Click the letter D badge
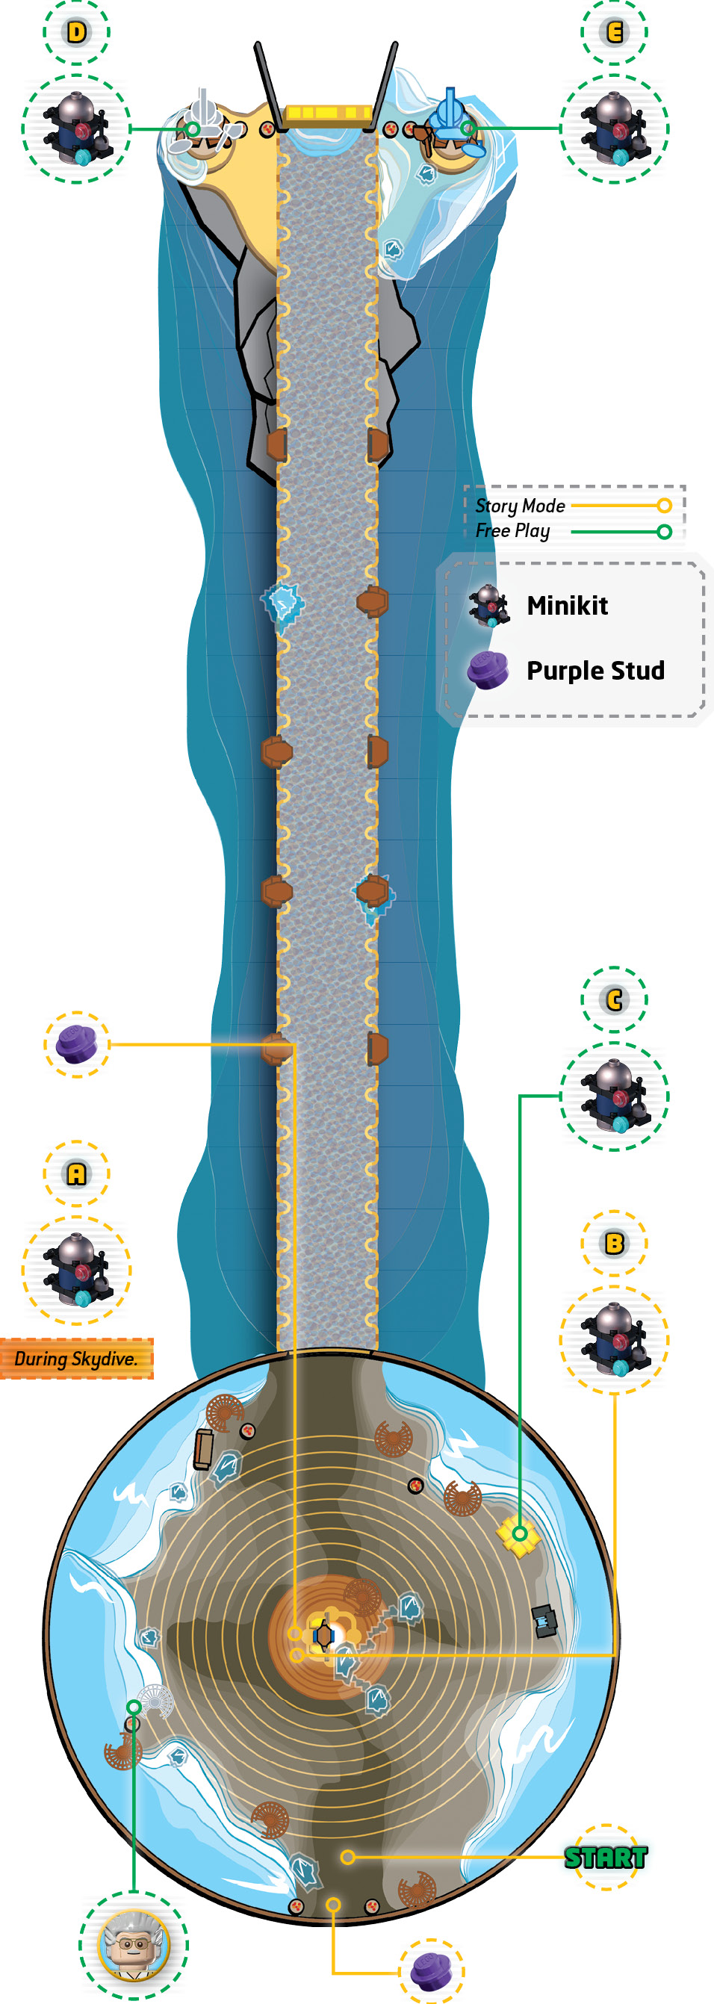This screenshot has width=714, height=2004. (x=76, y=32)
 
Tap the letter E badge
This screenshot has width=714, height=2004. (x=614, y=32)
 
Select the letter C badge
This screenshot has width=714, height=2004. (x=614, y=999)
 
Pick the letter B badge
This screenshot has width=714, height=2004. (x=614, y=1243)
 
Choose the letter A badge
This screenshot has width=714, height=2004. (x=76, y=1174)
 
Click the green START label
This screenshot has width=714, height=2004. (x=606, y=1857)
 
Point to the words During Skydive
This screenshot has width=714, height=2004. (x=76, y=1359)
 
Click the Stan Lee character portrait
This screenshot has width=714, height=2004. (x=133, y=1946)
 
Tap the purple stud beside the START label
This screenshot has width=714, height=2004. (x=431, y=1972)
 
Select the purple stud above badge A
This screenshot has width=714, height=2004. (x=76, y=1045)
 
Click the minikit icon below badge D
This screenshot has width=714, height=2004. (x=76, y=129)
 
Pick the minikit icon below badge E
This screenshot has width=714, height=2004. (x=614, y=129)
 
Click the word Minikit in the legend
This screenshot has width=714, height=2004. (x=567, y=605)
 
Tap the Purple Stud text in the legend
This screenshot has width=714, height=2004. (x=596, y=671)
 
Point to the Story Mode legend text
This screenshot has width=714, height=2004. (x=521, y=506)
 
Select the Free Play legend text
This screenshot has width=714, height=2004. (x=512, y=530)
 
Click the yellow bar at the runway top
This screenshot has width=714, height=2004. (x=328, y=114)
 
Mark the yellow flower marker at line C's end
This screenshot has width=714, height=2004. (x=518, y=1534)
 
